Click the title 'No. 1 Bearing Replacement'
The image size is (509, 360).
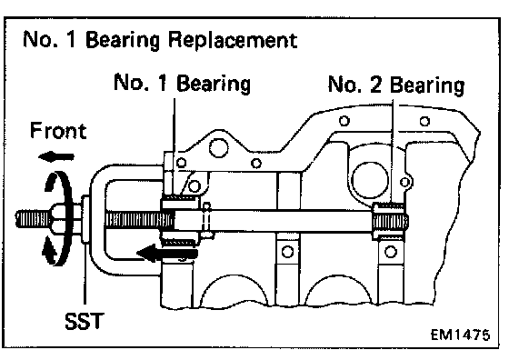pyautogui.click(x=160, y=40)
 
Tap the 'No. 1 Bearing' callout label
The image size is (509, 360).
pyautogui.click(x=183, y=83)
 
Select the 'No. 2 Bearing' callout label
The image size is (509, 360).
pyautogui.click(x=396, y=85)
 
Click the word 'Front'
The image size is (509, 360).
pyautogui.click(x=58, y=131)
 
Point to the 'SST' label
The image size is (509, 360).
pyautogui.click(x=85, y=321)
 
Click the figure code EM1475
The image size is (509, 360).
pyautogui.click(x=460, y=335)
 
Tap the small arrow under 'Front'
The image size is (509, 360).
pyautogui.click(x=56, y=157)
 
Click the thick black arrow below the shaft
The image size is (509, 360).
pyautogui.click(x=167, y=254)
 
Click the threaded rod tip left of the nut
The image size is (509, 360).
pyautogui.click(x=33, y=219)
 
